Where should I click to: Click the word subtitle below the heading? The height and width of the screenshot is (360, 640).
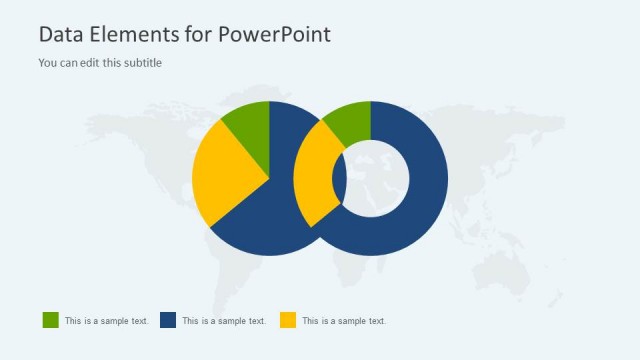(141, 63)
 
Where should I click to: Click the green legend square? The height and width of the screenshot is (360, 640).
(50, 320)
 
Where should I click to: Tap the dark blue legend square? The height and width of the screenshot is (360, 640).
(168, 320)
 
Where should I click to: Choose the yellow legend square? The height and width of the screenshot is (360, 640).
(287, 320)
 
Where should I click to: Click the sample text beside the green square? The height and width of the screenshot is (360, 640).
(107, 321)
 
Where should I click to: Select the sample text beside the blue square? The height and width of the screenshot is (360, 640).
(224, 321)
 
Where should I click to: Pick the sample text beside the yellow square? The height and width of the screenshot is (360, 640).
(344, 321)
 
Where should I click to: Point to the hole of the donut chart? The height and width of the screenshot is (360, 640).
(378, 178)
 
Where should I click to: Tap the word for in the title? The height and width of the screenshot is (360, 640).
(197, 34)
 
